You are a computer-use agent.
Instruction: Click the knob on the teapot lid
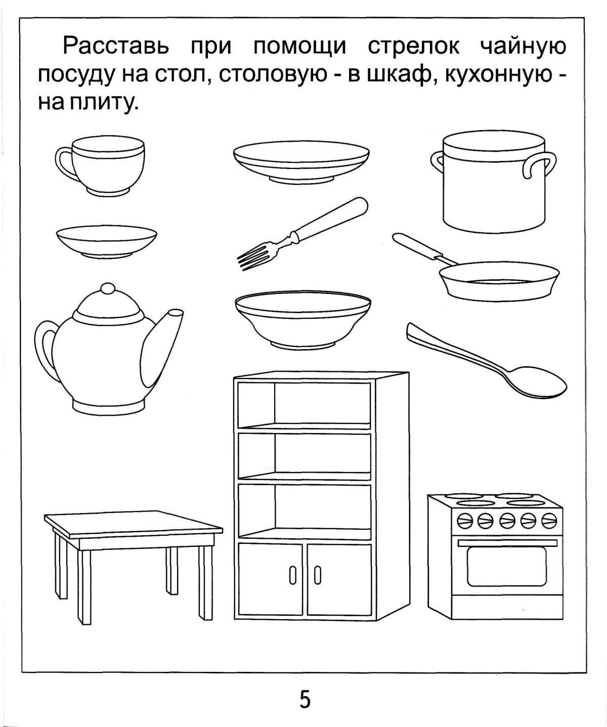tap(107, 289)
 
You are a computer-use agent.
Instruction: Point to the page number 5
tap(305, 700)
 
